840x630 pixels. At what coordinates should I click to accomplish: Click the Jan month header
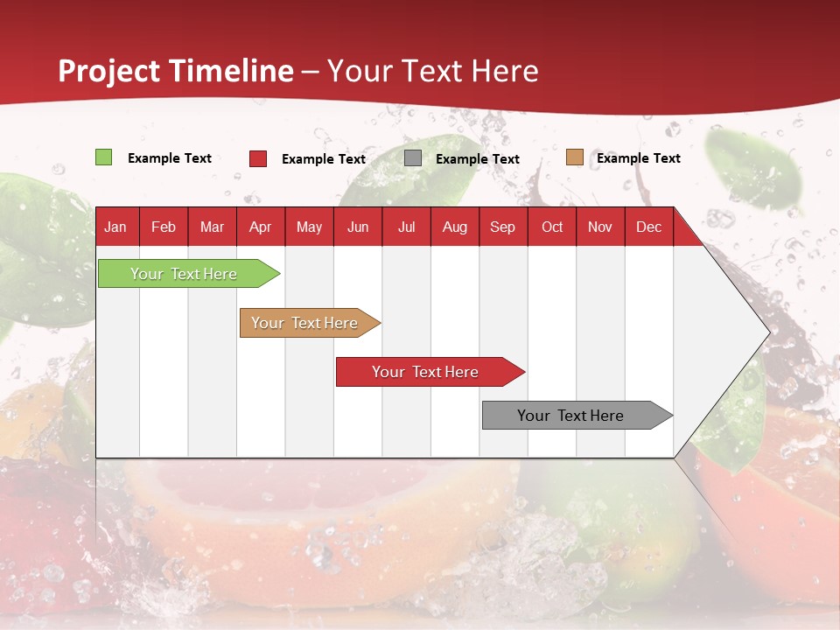point(115,227)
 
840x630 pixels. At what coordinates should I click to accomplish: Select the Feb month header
point(164,227)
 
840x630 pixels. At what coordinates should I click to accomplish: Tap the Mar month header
point(212,227)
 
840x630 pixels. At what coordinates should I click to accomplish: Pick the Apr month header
point(261,227)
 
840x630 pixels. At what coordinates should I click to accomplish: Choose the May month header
point(309,227)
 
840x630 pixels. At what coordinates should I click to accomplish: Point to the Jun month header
point(358,227)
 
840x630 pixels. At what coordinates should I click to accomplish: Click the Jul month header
point(406,227)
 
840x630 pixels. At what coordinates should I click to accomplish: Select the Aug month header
point(455,227)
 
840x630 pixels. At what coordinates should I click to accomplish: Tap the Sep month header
point(503,227)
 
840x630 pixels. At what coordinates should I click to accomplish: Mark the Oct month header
point(552,227)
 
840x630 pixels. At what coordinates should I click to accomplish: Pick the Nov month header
point(600,227)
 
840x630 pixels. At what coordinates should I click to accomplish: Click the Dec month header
point(648,227)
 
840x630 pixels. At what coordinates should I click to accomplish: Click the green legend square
point(104,157)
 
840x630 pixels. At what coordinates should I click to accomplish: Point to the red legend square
point(258,158)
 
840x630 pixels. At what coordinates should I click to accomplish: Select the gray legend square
point(413,158)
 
